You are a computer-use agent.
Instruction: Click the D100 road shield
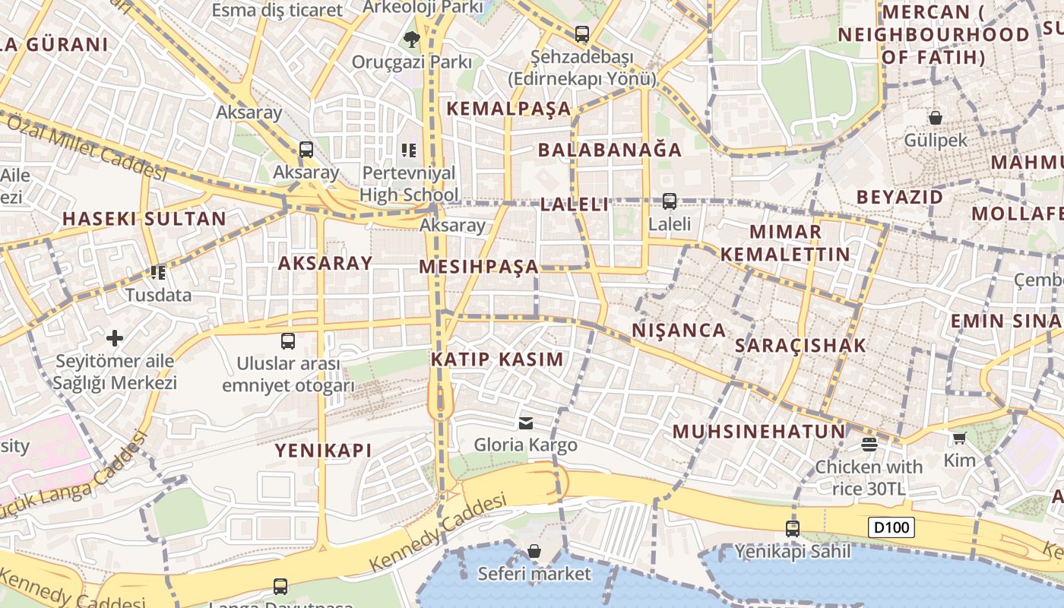(891, 527)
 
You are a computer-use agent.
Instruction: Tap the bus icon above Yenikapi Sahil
(793, 527)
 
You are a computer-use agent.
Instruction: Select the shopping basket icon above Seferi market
(534, 551)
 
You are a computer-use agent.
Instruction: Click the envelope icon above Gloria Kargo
(525, 423)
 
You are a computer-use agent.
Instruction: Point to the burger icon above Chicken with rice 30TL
(869, 444)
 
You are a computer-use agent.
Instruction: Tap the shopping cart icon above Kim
(959, 438)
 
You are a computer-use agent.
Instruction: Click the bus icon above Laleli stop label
(670, 201)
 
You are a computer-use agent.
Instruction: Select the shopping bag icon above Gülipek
(936, 118)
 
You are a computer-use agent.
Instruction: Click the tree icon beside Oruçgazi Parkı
(412, 38)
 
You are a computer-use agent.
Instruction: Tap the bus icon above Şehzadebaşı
(582, 33)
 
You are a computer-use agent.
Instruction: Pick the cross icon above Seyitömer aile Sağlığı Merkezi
(115, 337)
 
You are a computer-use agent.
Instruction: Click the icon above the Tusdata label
(158, 272)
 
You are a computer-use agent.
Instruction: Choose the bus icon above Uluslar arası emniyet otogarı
(288, 340)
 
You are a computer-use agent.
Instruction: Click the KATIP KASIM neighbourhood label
(498, 359)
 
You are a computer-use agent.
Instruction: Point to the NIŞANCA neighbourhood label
(679, 330)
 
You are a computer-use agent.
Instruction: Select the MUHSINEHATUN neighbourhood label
(758, 432)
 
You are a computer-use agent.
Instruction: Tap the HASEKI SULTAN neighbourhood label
(144, 219)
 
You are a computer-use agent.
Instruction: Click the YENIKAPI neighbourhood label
(324, 451)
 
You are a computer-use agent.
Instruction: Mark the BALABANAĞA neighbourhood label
(610, 150)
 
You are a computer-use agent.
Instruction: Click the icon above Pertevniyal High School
(409, 150)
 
